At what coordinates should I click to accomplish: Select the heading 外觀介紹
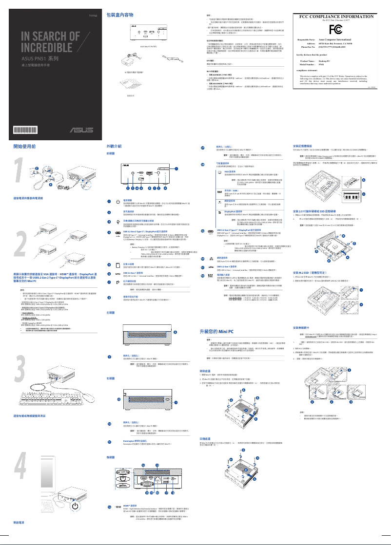tap(114, 146)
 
